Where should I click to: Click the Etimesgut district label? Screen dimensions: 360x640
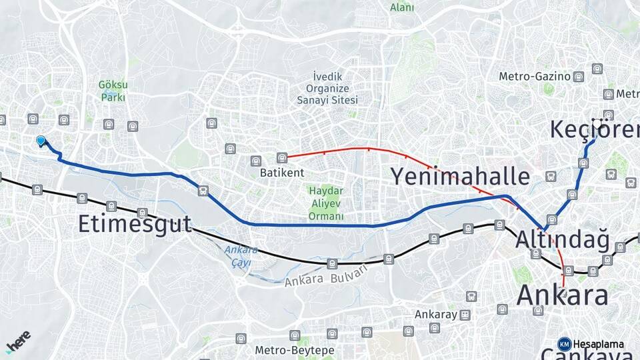(x=134, y=223)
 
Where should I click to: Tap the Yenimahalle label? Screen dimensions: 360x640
(x=459, y=177)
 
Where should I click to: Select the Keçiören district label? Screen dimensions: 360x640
(x=594, y=129)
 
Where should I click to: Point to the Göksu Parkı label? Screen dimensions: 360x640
(x=113, y=91)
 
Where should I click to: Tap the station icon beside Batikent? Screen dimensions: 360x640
(x=282, y=158)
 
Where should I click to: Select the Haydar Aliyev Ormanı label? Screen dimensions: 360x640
(x=326, y=203)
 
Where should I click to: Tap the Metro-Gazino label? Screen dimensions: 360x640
(x=535, y=77)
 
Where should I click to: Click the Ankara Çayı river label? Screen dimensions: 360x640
(x=237, y=256)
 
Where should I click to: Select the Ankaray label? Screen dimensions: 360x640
(x=435, y=314)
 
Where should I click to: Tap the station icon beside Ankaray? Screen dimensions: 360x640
(x=465, y=315)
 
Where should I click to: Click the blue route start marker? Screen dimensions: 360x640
(x=41, y=141)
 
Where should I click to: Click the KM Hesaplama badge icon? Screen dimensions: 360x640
(x=564, y=344)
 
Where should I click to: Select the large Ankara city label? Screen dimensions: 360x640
(x=563, y=295)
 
